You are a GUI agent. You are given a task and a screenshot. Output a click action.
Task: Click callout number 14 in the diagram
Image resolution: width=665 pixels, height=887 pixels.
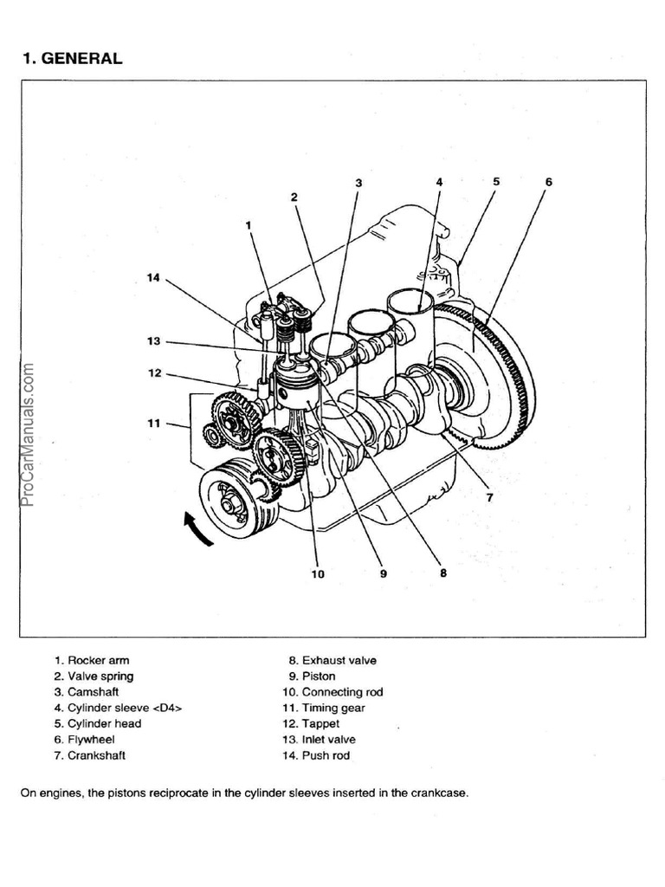tap(153, 277)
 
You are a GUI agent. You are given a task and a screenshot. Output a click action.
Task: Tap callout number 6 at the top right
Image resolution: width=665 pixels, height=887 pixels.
tap(548, 182)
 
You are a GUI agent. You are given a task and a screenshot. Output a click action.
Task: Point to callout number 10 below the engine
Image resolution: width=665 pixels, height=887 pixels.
tap(318, 573)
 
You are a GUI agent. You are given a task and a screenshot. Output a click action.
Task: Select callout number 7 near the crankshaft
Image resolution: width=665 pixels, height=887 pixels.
tap(488, 497)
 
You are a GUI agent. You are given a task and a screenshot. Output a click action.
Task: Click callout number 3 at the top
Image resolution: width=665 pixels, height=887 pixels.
tap(358, 183)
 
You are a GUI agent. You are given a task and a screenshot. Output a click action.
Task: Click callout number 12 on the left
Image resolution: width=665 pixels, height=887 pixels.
tap(154, 375)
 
